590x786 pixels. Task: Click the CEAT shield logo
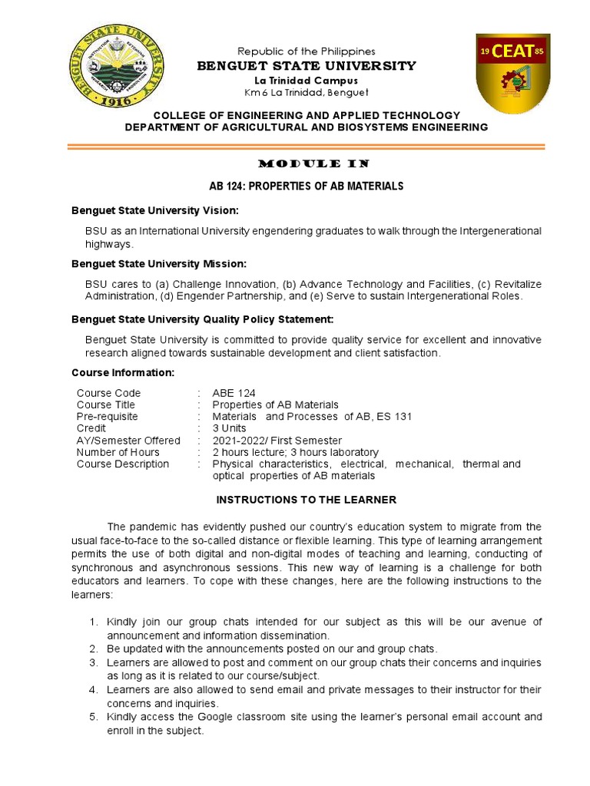(x=512, y=74)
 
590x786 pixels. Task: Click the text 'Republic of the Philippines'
(x=306, y=51)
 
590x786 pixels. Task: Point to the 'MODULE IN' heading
(x=307, y=163)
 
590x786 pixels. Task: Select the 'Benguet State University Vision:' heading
(x=155, y=210)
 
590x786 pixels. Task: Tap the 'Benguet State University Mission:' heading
(x=159, y=263)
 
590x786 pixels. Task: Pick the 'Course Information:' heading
(x=123, y=372)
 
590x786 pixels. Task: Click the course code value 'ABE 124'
(x=234, y=393)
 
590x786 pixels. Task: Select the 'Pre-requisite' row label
(x=108, y=417)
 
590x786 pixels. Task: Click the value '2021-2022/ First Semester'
(x=277, y=441)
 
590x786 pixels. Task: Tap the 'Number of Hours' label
(x=118, y=452)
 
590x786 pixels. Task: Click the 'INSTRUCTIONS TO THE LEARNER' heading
(x=307, y=500)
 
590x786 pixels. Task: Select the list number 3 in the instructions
(x=93, y=662)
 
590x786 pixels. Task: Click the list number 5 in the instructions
(x=93, y=717)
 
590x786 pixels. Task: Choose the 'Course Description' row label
(x=123, y=464)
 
